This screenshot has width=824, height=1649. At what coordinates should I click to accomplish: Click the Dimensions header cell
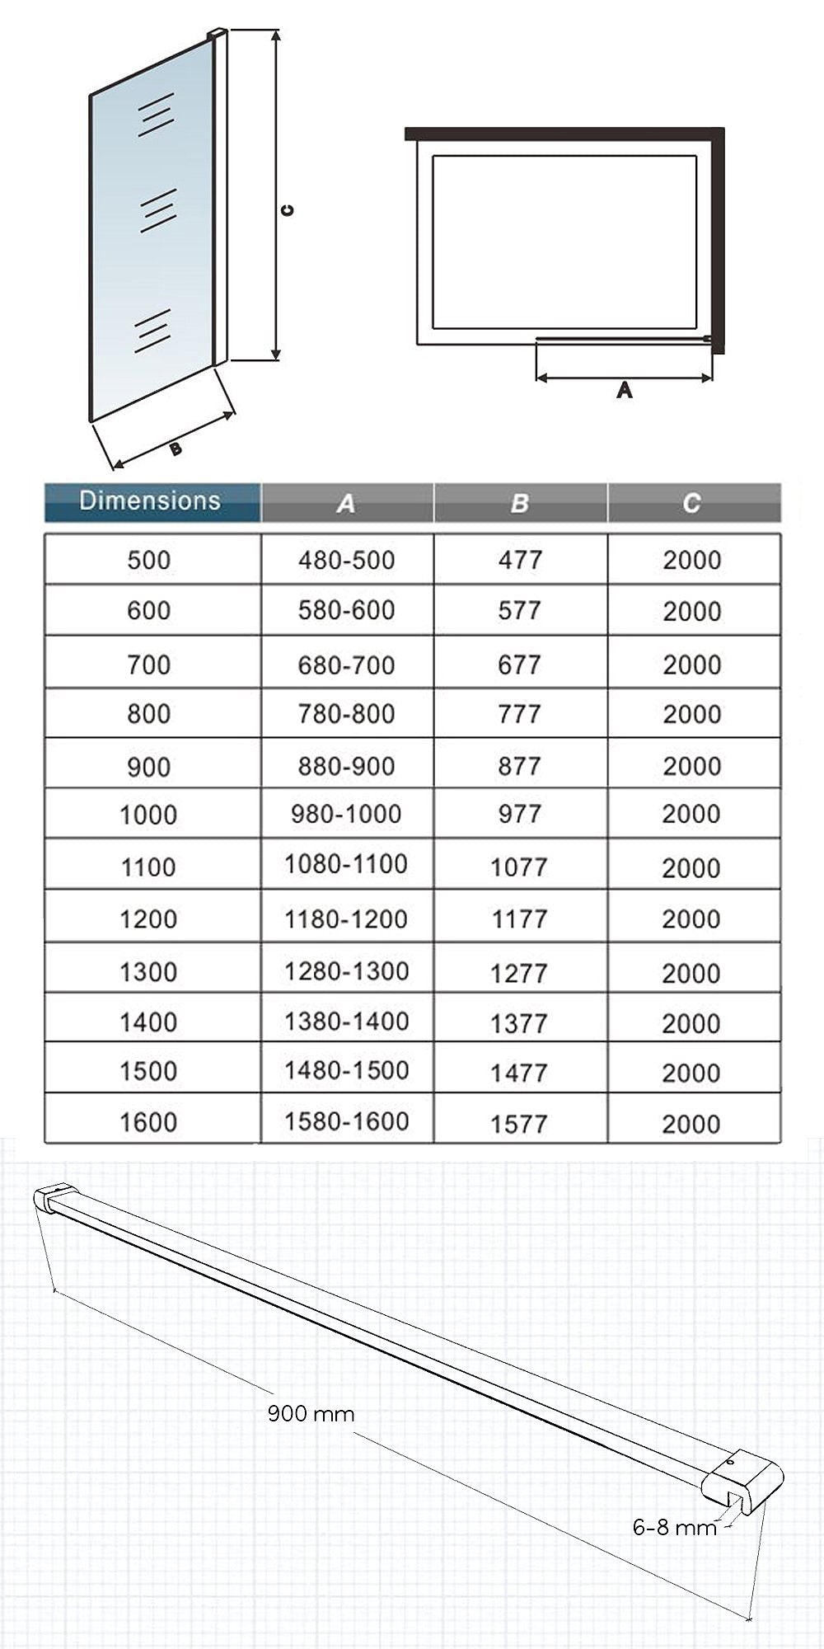[151, 501]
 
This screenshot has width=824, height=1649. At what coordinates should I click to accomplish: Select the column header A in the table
[346, 503]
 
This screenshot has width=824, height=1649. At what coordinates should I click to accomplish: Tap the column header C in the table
[692, 503]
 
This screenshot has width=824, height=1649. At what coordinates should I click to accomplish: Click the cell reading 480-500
[346, 560]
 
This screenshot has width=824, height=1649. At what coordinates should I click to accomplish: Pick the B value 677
[519, 665]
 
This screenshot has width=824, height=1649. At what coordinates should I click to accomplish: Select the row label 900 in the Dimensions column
[149, 767]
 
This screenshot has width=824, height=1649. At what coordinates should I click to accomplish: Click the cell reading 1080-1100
[346, 864]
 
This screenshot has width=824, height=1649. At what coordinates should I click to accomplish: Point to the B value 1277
[519, 973]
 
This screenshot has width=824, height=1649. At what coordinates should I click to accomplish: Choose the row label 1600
[149, 1122]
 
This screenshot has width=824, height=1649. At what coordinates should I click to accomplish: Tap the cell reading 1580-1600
[346, 1121]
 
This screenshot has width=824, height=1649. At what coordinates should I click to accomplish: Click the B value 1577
[519, 1124]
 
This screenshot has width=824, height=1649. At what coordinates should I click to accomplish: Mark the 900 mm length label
[311, 1414]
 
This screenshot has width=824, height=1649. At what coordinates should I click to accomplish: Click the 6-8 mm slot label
[675, 1528]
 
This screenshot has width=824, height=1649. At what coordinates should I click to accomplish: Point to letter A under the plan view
[625, 390]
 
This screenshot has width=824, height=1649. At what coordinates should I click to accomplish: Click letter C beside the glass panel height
[287, 210]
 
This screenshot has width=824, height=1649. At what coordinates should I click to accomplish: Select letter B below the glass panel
[176, 449]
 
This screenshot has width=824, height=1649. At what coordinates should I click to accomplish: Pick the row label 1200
[149, 919]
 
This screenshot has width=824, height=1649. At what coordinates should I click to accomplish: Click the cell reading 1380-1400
[346, 1022]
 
